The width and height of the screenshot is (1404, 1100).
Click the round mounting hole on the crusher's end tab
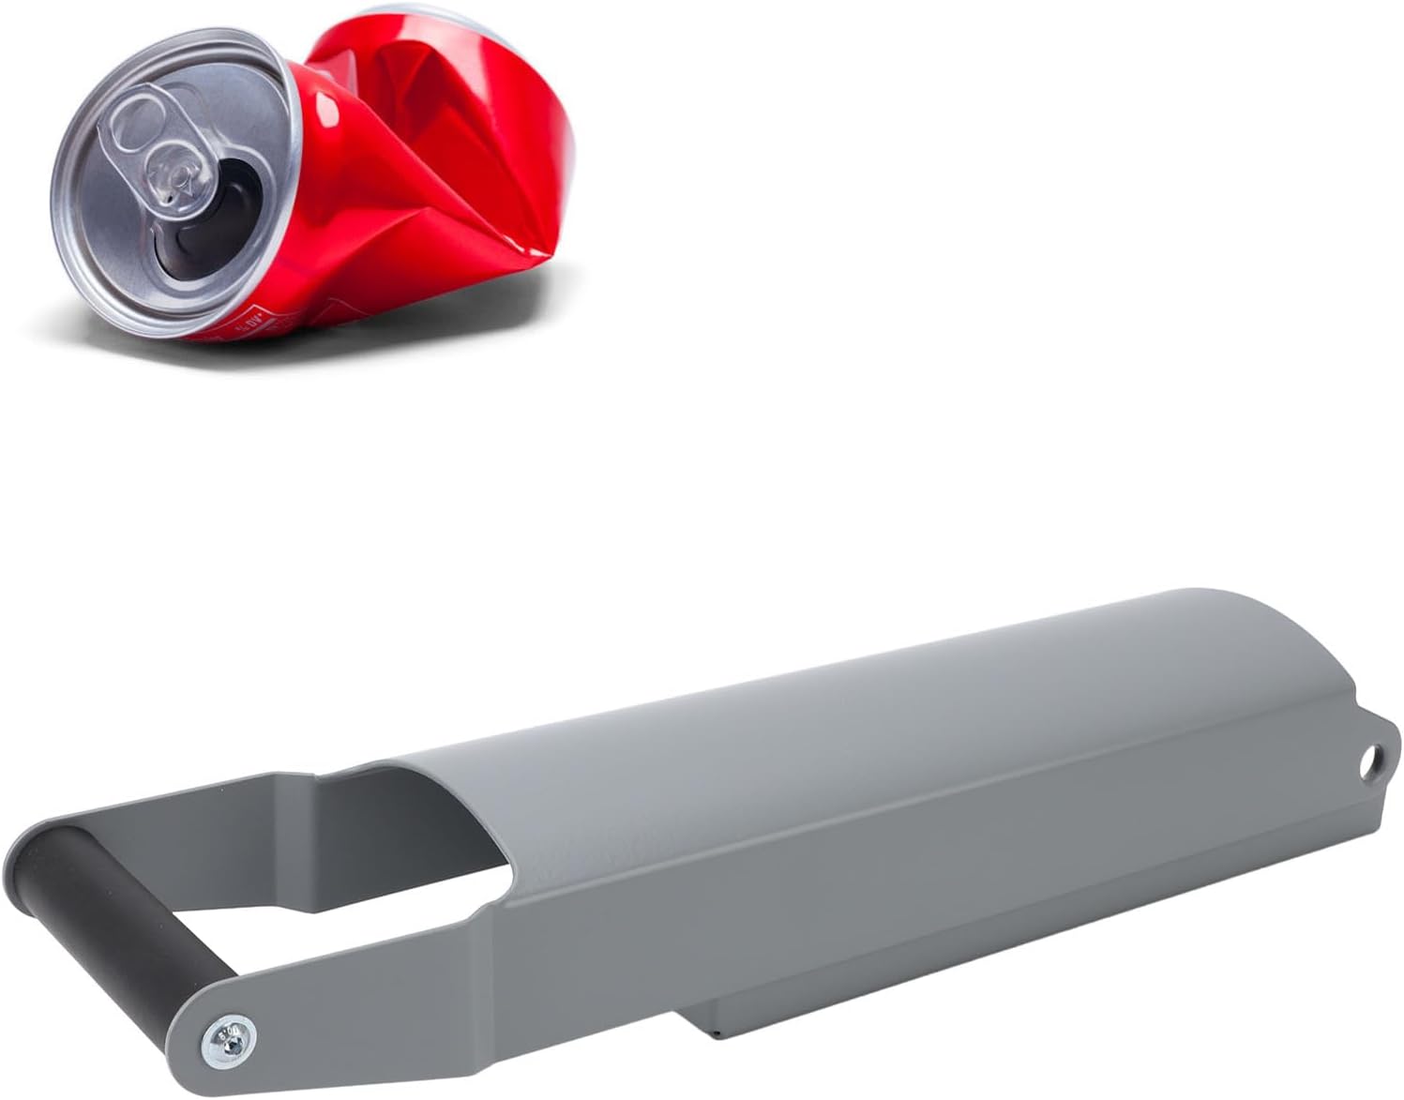click(x=1373, y=758)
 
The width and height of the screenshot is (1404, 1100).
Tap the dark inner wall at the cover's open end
click(x=394, y=816)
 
